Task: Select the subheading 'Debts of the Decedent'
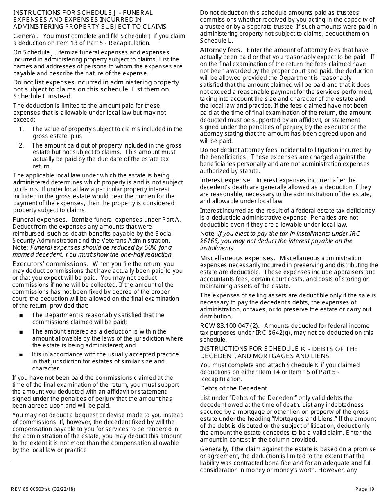point(233,388)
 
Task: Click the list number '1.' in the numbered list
point(21,129)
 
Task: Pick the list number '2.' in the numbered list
point(21,145)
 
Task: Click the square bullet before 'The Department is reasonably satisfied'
point(21,316)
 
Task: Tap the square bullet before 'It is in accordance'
point(21,355)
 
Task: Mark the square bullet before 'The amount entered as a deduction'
point(21,332)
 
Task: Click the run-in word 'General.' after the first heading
point(26,36)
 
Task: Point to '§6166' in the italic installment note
point(210,241)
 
